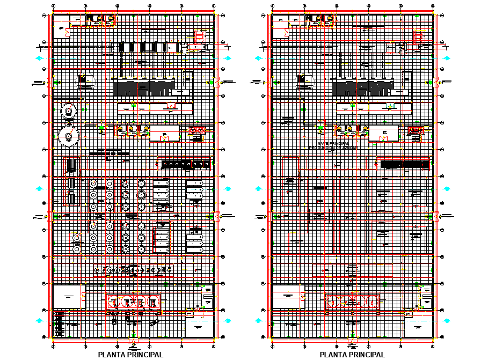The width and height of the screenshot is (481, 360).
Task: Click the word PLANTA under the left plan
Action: (113, 355)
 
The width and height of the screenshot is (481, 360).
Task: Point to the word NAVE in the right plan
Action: (323, 144)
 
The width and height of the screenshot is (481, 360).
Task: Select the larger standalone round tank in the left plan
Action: (68, 136)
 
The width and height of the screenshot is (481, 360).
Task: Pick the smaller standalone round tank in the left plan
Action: (68, 111)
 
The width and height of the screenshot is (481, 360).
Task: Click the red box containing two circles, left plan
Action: (197, 130)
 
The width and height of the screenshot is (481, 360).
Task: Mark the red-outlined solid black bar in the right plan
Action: (403, 164)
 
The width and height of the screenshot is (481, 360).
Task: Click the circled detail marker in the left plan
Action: (77, 237)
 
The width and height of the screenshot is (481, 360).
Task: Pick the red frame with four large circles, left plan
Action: (134, 302)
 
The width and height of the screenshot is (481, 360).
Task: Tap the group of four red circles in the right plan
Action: (353, 303)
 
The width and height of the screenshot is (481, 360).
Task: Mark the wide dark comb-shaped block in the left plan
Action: (144, 87)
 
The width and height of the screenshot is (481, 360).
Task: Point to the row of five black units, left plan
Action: (143, 47)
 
